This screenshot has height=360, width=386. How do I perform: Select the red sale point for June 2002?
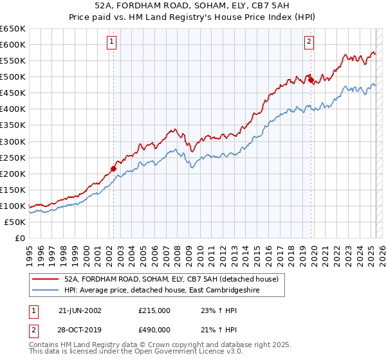coord(113,168)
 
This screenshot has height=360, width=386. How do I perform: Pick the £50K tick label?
coord(15,222)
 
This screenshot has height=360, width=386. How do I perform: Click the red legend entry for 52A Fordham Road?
coord(171,279)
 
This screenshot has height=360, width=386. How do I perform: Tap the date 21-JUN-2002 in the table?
coord(80,310)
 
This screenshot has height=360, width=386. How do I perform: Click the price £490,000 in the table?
coord(154,330)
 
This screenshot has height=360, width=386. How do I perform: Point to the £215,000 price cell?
coord(154,310)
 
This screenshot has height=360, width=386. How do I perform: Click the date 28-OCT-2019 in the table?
coord(80,330)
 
